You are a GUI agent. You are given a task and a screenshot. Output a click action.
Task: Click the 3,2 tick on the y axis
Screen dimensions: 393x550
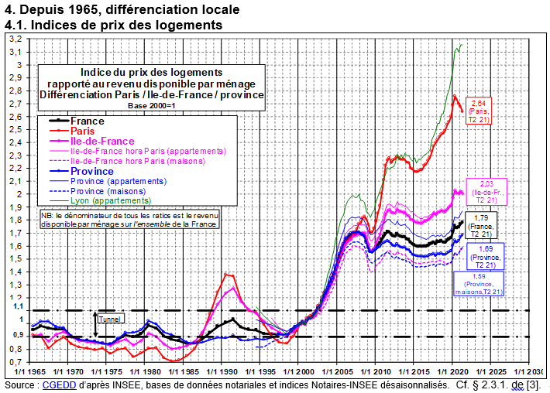point(15,39)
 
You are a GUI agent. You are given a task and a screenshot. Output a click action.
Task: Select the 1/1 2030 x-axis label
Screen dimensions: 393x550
point(527,369)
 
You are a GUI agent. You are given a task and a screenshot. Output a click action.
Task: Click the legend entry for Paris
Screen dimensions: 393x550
point(82,131)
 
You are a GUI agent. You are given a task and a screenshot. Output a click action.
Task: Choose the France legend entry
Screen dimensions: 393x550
point(87,121)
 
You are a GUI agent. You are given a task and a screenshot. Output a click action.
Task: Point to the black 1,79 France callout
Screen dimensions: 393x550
point(481,224)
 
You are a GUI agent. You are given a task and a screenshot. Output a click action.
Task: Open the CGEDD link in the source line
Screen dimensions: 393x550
point(55,384)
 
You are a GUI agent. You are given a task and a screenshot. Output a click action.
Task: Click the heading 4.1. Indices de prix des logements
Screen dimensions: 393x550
point(114,25)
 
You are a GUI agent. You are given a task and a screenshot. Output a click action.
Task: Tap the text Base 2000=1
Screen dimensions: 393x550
point(152,104)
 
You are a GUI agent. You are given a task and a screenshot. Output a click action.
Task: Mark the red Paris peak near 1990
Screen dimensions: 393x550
point(226,274)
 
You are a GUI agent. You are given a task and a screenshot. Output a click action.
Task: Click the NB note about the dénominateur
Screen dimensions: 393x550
point(130,218)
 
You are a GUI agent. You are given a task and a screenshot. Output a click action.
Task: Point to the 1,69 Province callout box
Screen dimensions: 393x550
point(486,255)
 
